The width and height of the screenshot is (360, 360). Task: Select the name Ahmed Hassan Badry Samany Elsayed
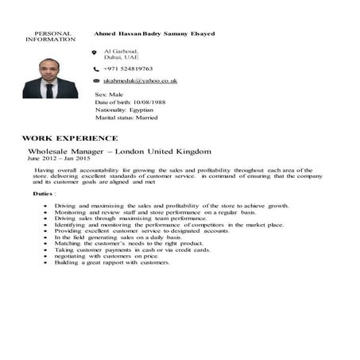click(x=154, y=34)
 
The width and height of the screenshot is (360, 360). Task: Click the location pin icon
click(x=95, y=52)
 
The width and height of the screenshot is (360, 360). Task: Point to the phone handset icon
click(x=95, y=69)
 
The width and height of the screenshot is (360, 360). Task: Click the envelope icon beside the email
click(x=95, y=81)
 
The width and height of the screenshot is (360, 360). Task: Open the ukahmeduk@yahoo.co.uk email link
click(x=141, y=81)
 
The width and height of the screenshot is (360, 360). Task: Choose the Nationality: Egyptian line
click(x=130, y=110)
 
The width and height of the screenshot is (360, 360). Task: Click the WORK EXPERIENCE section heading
click(x=70, y=137)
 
